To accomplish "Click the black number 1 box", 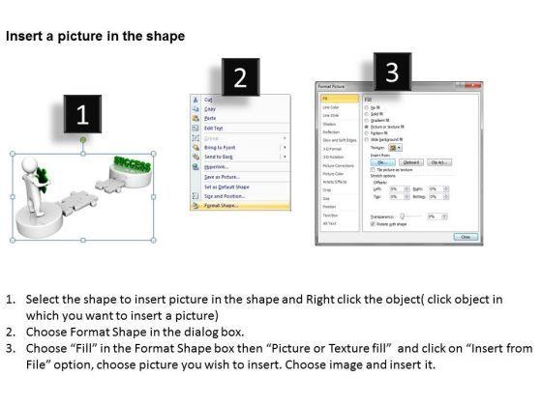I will [82, 116].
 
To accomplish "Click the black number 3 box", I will [391, 71].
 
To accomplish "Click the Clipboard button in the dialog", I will [410, 162].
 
